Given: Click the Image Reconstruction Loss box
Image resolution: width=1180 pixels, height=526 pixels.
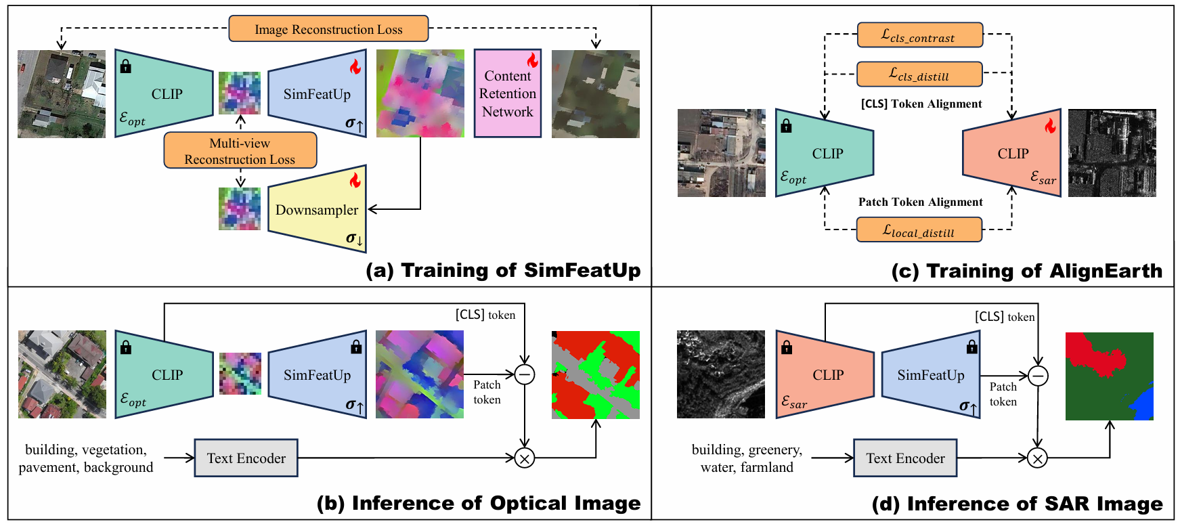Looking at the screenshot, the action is pos(328,28).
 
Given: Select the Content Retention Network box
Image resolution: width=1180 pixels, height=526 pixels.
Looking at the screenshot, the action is pos(508,93).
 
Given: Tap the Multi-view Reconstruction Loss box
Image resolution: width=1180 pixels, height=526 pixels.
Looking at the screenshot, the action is pos(240,150).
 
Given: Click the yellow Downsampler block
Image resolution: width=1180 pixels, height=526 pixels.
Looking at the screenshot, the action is pos(317,209).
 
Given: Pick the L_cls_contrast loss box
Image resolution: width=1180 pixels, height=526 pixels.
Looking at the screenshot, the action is pos(920,35).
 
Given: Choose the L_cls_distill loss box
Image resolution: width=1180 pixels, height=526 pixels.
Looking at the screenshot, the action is pos(920,74).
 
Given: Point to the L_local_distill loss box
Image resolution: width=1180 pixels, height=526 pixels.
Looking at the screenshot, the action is pos(919,230).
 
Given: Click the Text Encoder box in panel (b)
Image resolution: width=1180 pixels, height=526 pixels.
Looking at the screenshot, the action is pos(246,458).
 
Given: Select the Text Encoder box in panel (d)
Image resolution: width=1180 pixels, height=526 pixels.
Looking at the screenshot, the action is pos(905,458).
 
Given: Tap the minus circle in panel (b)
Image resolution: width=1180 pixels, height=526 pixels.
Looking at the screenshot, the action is pos(525,374).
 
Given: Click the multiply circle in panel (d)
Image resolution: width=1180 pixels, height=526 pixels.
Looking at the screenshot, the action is pos(1037,458).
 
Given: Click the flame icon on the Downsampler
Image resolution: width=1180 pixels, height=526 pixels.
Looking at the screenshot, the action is pos(355,180).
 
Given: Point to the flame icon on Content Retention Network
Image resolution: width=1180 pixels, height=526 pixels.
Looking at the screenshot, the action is pos(532,60).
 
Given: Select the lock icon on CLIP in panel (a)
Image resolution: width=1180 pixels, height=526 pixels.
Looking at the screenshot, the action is pos(125,66).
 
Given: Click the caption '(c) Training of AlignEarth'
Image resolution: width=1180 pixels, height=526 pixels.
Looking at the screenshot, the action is pos(1027,271).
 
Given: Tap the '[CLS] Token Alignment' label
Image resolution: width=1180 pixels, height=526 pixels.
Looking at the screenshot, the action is pos(921,104).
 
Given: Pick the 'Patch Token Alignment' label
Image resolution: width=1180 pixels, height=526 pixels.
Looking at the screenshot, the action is pos(921,202).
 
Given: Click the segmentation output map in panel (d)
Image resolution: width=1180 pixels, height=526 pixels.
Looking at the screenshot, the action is pos(1110,376).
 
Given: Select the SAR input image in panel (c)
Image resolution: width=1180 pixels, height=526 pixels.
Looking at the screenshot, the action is pos(1112,153).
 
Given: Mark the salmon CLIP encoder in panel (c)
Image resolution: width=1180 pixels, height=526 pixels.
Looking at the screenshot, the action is pos(1011,153).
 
